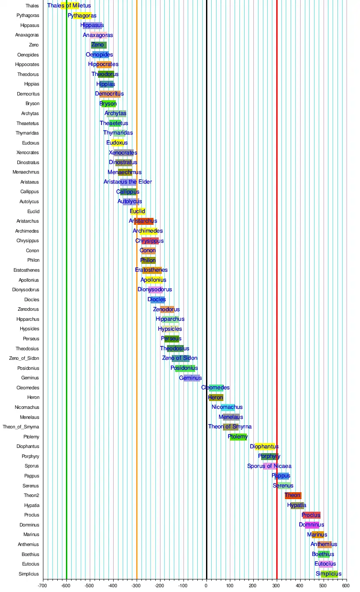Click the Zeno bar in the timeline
(x=98, y=45)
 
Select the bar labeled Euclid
(x=137, y=211)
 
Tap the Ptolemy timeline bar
(x=238, y=437)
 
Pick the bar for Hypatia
(x=297, y=505)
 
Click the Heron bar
(x=216, y=398)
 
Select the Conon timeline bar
(x=148, y=250)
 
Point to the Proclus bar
(x=311, y=515)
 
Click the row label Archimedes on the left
(x=27, y=231)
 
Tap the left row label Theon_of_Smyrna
(x=21, y=427)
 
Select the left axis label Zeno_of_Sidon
(x=24, y=358)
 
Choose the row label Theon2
(x=31, y=495)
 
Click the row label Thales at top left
(x=32, y=6)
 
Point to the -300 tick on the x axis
(x=136, y=585)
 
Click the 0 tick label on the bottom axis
(x=206, y=585)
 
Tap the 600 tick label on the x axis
(x=345, y=585)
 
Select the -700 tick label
(x=43, y=585)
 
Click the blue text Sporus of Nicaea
(x=269, y=466)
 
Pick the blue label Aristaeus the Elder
(x=128, y=182)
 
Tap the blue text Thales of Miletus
(x=69, y=6)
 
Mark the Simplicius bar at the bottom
(x=329, y=574)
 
